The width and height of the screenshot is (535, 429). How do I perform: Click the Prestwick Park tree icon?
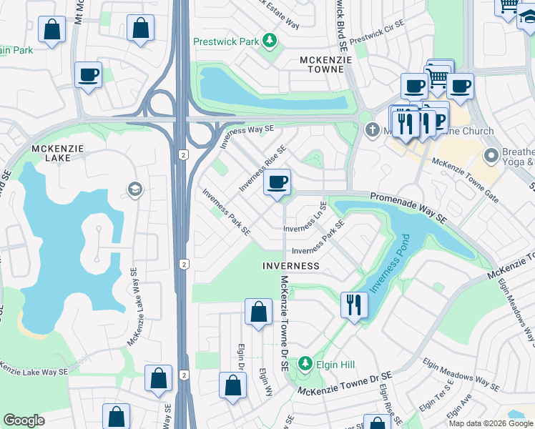point(270,41)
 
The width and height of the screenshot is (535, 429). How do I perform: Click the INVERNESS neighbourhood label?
point(290,265)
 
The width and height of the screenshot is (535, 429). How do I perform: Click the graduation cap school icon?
point(134,189)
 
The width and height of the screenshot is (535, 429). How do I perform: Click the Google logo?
point(24,420)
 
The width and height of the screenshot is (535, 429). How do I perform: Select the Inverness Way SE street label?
point(247,137)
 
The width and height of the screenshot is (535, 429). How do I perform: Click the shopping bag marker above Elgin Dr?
point(258,312)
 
